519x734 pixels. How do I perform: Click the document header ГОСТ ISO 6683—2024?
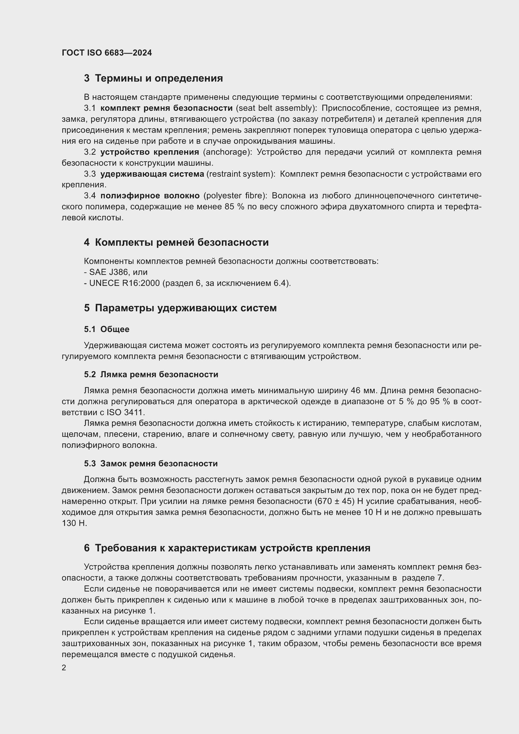coord(107,53)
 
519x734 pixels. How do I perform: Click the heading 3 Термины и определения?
coord(153,78)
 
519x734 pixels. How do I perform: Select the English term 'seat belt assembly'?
coord(275,108)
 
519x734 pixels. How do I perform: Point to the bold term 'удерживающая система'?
coord(152,174)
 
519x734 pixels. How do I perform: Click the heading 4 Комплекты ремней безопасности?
coord(176,242)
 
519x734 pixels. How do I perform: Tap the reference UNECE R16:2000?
coord(124,283)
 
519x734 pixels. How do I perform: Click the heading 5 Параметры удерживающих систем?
coord(180,308)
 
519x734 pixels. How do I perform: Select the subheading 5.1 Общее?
coord(107,329)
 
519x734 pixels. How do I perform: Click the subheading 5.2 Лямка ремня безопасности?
coord(151,374)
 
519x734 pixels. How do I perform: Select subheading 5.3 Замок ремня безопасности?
coord(151,463)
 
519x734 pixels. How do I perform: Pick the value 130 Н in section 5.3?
coord(74,523)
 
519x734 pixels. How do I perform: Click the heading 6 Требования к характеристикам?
coord(227,548)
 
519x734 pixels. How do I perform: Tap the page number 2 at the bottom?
coord(64,668)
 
